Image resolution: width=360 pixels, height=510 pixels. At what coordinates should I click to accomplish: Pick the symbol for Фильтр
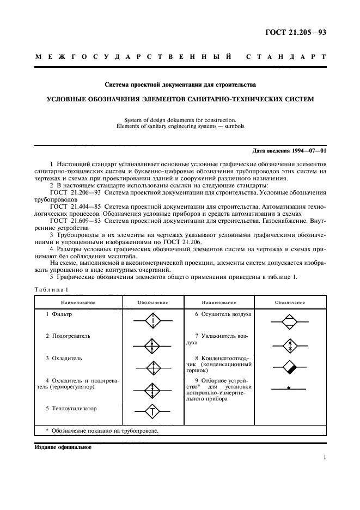153,321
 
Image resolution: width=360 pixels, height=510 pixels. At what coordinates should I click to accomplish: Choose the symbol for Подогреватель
153,345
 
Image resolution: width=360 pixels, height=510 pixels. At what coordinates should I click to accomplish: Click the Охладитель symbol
153,367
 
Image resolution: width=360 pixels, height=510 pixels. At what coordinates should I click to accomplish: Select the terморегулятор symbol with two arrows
153,389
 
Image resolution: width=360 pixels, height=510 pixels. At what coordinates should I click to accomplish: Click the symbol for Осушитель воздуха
290,321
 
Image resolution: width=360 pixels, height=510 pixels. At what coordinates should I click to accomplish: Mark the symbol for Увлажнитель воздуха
290,344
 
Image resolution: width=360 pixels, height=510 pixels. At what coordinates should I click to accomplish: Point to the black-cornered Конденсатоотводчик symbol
290,366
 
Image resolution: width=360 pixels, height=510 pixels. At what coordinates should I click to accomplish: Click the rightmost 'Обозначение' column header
290,302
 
